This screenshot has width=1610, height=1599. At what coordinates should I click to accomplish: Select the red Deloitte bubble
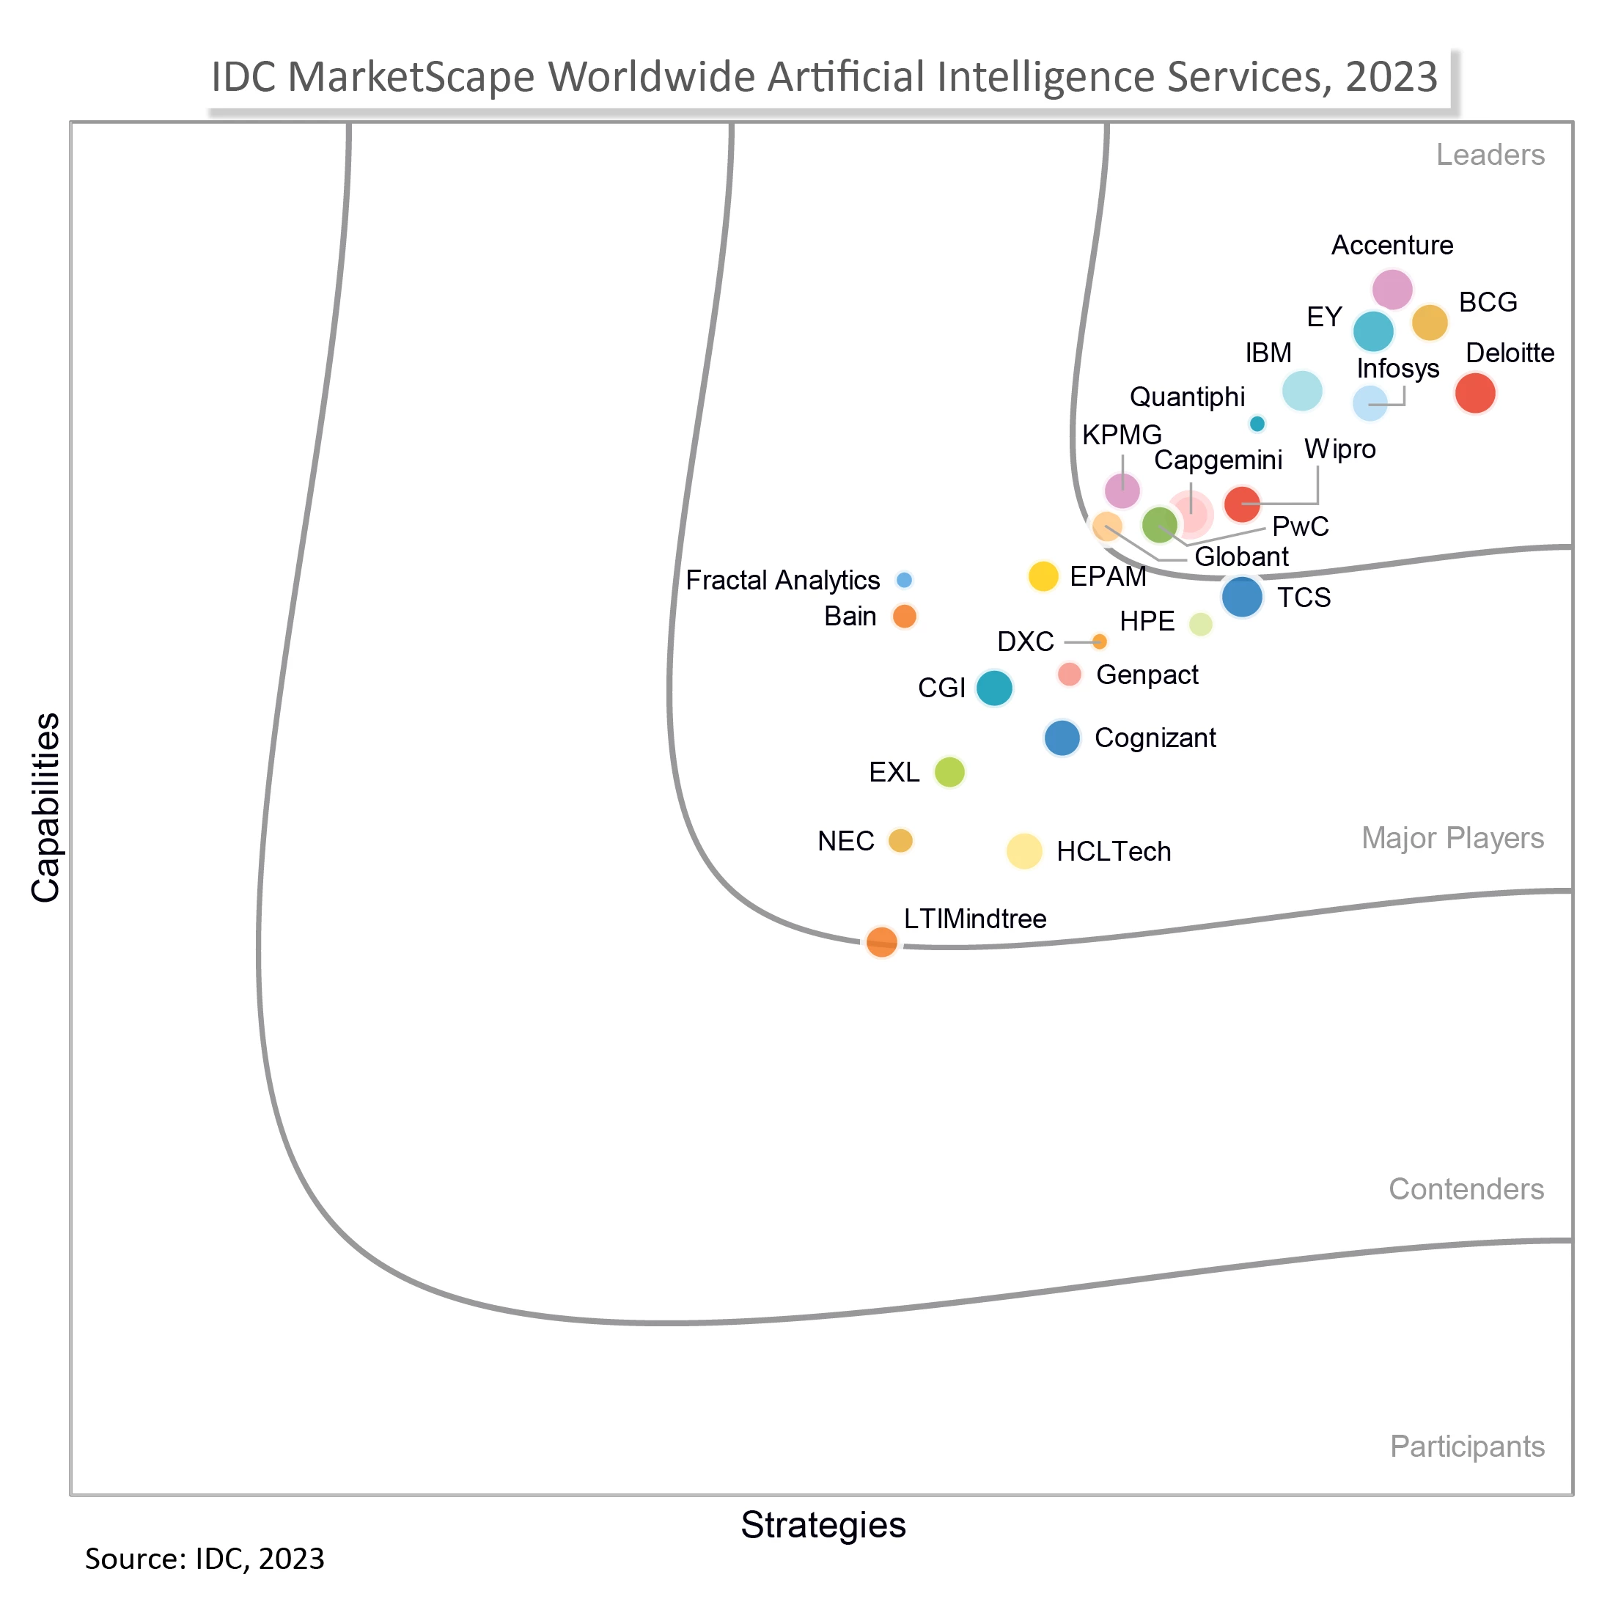coord(1474,392)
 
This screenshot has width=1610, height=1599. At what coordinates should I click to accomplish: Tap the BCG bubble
coord(1429,323)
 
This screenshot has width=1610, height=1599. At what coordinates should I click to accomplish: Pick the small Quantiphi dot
coord(1257,423)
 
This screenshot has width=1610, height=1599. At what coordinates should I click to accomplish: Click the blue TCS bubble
coord(1242,597)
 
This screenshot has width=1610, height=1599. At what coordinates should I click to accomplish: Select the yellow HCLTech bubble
coord(1024,850)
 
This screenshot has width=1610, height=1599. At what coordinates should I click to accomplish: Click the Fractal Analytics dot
coord(903,579)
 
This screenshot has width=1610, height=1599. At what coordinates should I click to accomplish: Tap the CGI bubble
coord(993,688)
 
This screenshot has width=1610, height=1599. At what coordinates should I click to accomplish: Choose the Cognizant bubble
coord(1062,738)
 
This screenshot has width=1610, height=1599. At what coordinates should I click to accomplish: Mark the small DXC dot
coord(1099,641)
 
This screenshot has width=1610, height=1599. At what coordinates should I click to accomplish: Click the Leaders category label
coord(1490,155)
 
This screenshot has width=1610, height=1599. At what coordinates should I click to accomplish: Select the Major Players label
coord(1452,837)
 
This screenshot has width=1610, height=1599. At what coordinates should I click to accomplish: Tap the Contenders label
coord(1466,1188)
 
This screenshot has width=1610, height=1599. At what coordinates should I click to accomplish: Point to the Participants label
coord(1466,1446)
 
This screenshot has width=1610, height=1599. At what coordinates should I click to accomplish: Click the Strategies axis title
coord(823,1524)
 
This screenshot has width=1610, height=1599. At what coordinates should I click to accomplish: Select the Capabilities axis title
coord(46,806)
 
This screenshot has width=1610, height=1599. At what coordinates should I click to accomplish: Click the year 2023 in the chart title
coord(1391,77)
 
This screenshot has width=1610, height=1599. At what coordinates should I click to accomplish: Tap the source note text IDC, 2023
coord(259,1558)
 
